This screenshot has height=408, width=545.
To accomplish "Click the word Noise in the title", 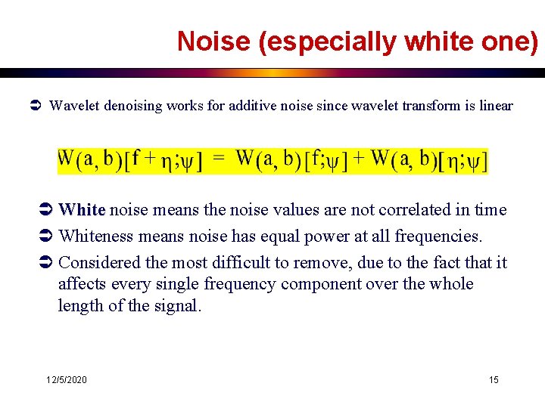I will click(214, 42).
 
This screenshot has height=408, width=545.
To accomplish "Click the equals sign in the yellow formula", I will click(219, 159).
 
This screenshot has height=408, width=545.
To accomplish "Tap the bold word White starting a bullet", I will click(82, 210).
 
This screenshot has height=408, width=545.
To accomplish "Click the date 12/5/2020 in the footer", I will click(66, 379).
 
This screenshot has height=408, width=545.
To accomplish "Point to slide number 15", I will click(494, 379).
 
